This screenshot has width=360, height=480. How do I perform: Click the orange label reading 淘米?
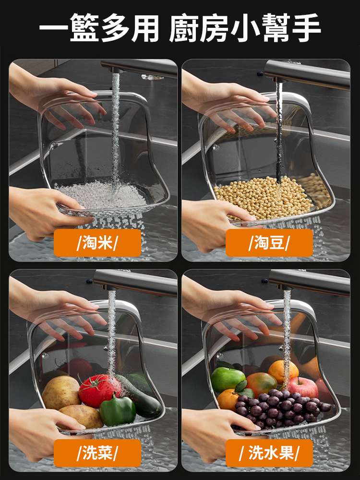[x=97, y=243]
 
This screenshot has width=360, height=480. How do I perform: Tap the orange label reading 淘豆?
[x=269, y=243]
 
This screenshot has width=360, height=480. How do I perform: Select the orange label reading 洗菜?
[x=97, y=453]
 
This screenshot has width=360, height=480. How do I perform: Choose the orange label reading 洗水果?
[x=269, y=453]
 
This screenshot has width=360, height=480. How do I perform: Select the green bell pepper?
[x=118, y=410]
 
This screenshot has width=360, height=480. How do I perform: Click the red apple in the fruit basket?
[x=302, y=387]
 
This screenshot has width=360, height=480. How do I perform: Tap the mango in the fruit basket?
[x=262, y=384]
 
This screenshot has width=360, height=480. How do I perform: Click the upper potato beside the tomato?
[x=61, y=392]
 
